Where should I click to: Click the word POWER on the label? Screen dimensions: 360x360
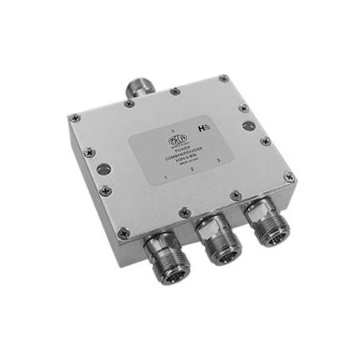point(181,149)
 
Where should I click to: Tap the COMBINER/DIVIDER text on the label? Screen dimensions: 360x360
point(186,154)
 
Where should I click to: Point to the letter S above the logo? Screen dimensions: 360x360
point(170,130)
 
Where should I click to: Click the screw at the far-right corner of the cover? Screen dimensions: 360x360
point(289,177)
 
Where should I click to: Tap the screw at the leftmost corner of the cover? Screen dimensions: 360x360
point(74,118)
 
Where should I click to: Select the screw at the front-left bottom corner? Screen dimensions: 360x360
point(124,233)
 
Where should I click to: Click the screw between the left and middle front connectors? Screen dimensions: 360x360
point(185,212)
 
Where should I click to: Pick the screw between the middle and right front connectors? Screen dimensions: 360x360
point(235,194)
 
